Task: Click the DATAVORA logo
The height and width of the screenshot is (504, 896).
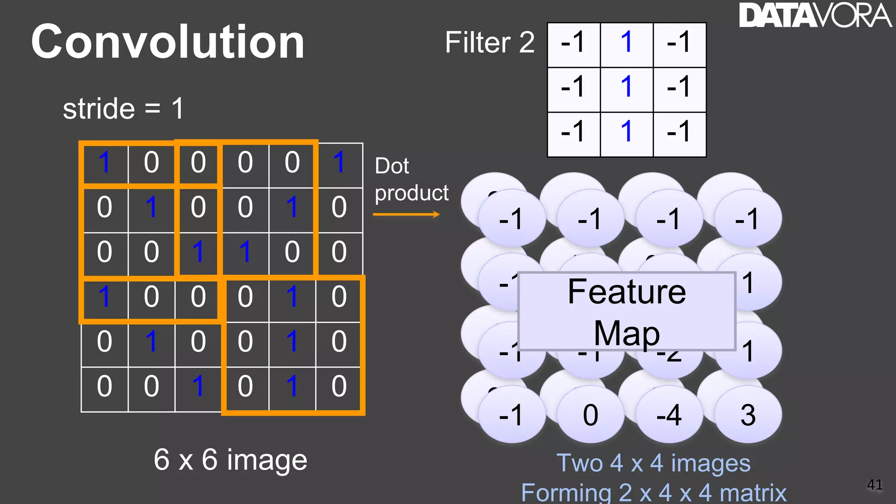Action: (815, 16)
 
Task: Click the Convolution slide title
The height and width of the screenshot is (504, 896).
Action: (168, 42)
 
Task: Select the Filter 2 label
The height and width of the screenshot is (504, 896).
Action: (490, 42)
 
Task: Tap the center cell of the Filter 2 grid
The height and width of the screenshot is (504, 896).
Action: (626, 86)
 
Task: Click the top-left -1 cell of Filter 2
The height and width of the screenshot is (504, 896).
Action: (573, 42)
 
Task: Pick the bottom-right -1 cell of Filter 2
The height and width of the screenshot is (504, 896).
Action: (679, 132)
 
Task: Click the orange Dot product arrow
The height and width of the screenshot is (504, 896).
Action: (406, 214)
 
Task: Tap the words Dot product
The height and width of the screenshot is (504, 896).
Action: (411, 179)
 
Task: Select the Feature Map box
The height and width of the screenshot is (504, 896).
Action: (626, 311)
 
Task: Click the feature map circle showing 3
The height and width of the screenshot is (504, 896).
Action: (748, 415)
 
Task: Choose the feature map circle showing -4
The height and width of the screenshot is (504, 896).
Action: (669, 415)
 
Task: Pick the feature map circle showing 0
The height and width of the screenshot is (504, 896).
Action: (590, 415)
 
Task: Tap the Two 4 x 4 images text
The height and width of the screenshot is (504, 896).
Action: (653, 463)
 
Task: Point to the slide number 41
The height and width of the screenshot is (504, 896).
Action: (875, 484)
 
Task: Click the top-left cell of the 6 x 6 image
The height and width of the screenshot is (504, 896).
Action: (104, 162)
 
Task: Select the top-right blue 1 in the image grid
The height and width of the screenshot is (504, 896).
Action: (339, 162)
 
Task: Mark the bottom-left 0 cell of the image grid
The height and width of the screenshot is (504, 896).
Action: (104, 386)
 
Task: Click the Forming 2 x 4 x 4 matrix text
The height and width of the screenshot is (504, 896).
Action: (654, 493)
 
